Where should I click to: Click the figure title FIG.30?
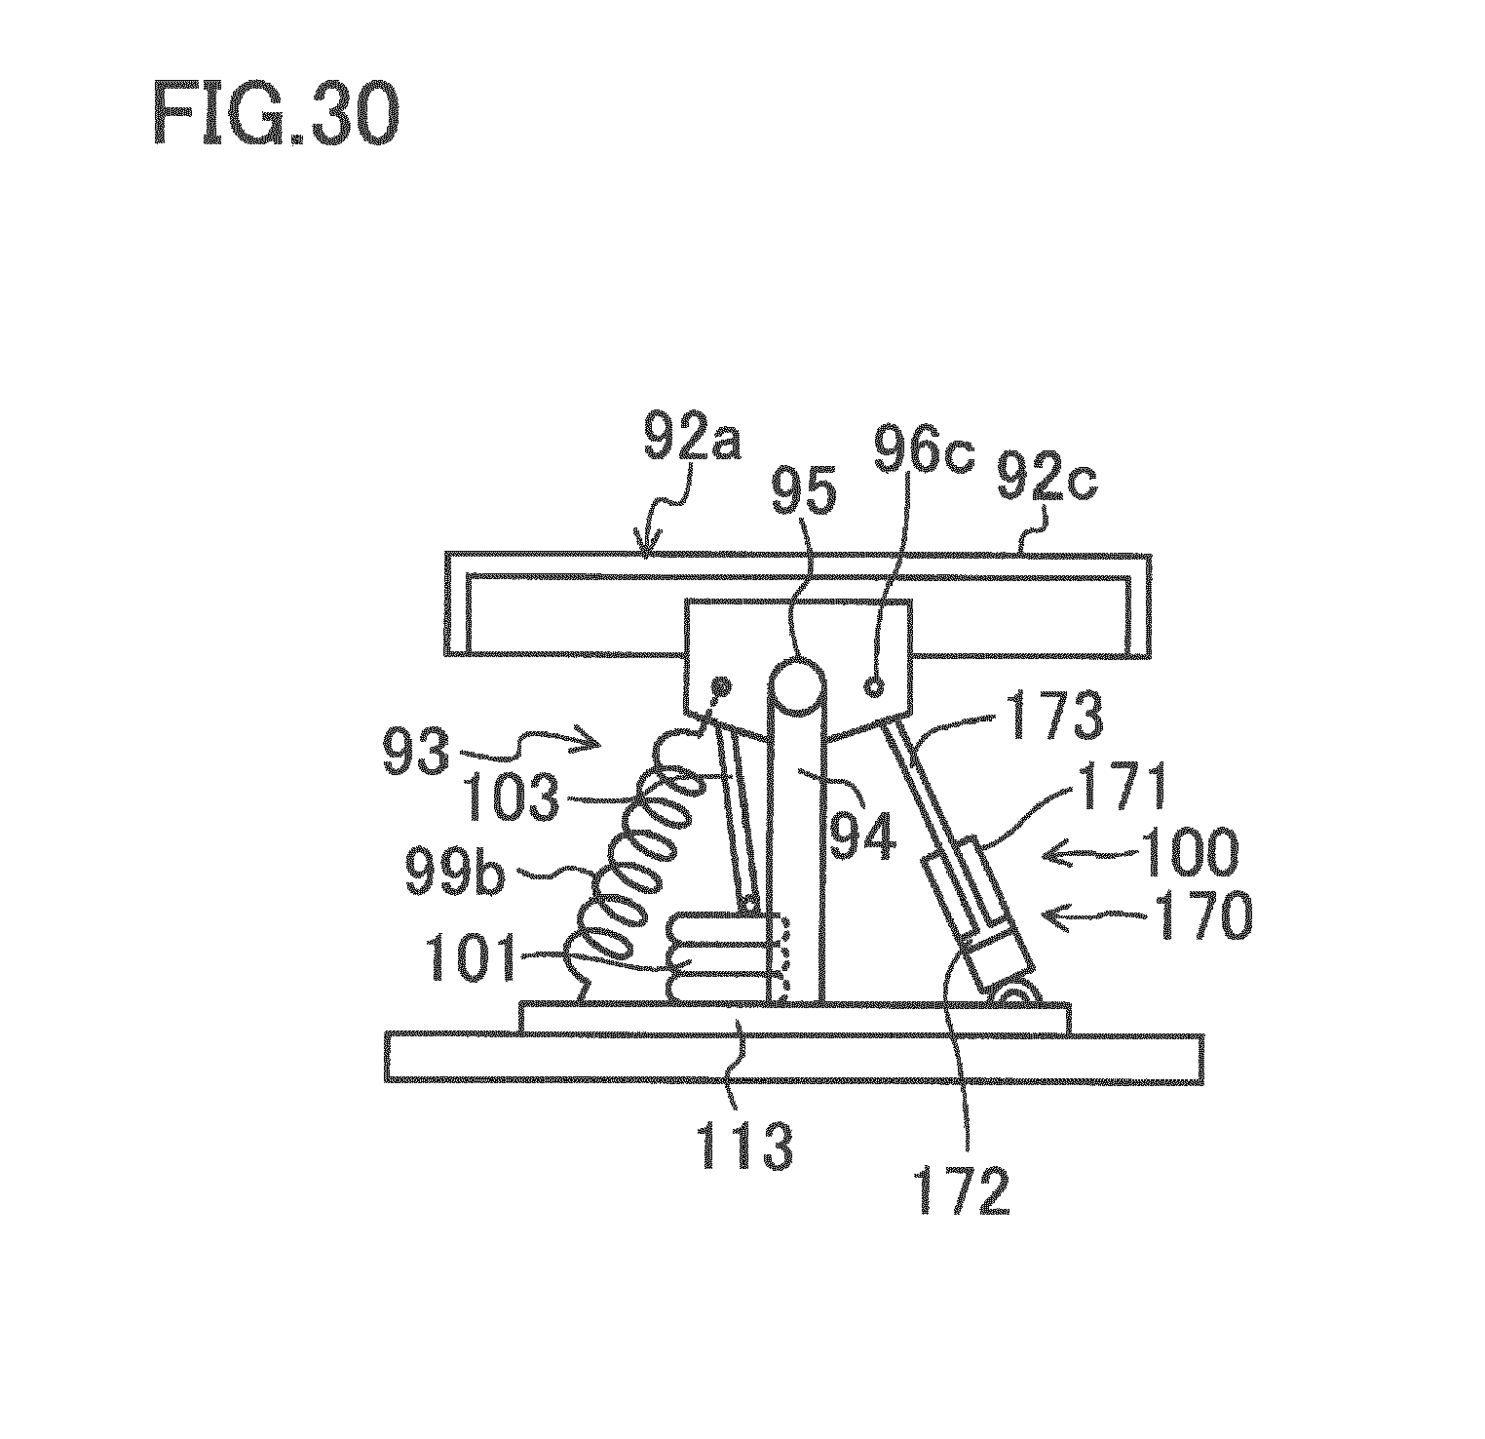[276, 114]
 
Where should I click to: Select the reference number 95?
[804, 495]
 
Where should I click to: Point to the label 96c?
[923, 454]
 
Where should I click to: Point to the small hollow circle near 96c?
[875, 688]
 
